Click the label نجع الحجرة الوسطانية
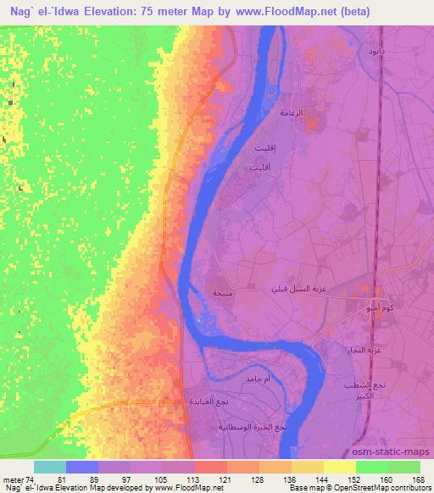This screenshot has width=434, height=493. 252,428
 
